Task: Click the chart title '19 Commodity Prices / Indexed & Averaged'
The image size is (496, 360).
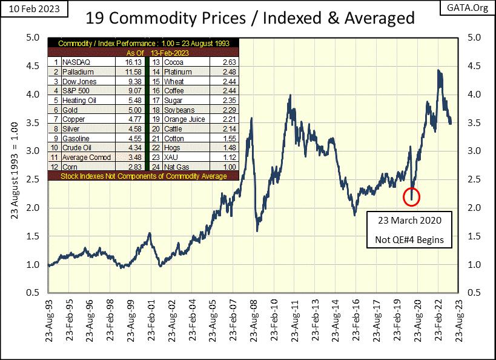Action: tap(250, 18)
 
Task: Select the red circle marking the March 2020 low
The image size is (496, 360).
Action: tap(411, 196)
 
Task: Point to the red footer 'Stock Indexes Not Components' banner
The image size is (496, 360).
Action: tap(144, 176)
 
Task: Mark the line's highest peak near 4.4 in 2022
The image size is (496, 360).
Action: tap(438, 71)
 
